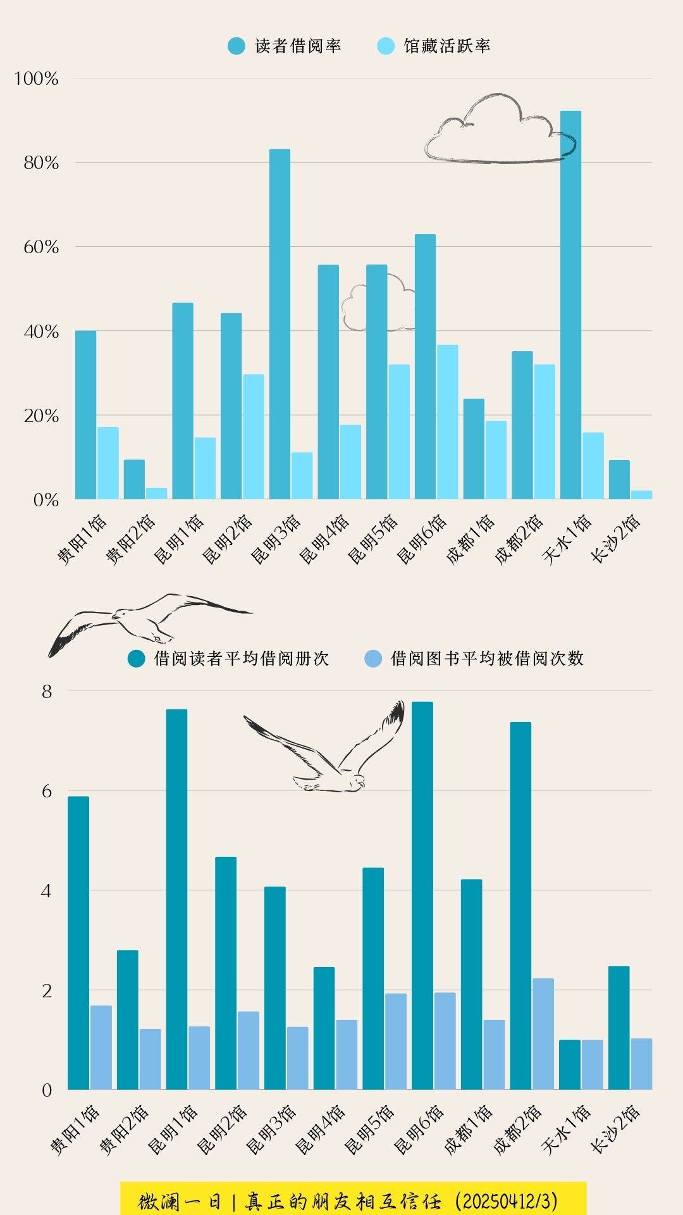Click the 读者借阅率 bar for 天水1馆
[x=570, y=304]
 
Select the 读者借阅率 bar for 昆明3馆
[x=280, y=323]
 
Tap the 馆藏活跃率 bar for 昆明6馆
[x=447, y=421]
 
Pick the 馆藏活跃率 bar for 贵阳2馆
[x=157, y=493]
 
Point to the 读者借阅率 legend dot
[x=237, y=46]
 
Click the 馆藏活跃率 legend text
[x=447, y=46]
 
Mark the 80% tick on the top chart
[x=41, y=163]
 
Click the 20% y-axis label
[x=41, y=416]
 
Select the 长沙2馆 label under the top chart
[x=616, y=539]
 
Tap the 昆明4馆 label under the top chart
[x=324, y=539]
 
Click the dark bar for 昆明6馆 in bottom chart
[x=422, y=895]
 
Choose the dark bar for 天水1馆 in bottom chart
[x=569, y=1064]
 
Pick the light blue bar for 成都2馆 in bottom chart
[x=543, y=1034]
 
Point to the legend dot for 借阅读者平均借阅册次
[x=137, y=659]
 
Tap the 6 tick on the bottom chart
[x=47, y=791]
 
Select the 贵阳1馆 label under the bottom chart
[x=75, y=1130]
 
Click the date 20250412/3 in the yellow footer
[x=506, y=1200]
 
